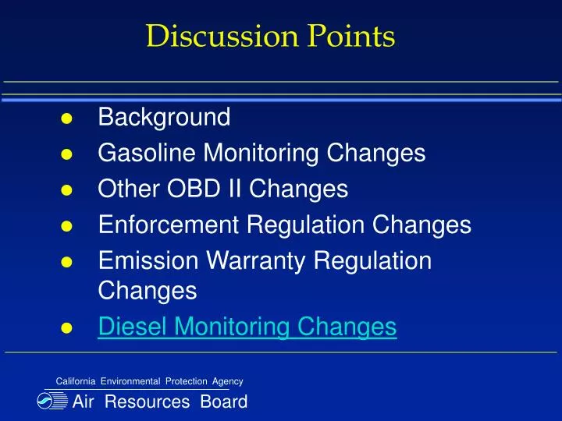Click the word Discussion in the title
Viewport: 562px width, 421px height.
coord(209,36)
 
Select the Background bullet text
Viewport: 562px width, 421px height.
coord(164,118)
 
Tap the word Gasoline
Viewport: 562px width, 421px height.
coord(148,153)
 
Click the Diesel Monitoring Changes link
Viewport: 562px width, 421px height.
coord(247,327)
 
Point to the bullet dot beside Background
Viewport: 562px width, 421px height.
coord(67,119)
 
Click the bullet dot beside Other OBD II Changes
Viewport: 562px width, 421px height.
coord(67,190)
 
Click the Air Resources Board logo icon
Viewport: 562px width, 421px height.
coord(53,402)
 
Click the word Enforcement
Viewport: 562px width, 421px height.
coord(169,225)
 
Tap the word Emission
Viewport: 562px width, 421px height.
coord(144,260)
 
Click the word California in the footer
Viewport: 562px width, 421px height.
coord(76,381)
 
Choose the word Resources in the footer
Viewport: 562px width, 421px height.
coord(147,402)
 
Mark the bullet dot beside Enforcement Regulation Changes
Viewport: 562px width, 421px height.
coord(67,226)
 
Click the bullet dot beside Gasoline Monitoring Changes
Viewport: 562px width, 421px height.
coord(67,154)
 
